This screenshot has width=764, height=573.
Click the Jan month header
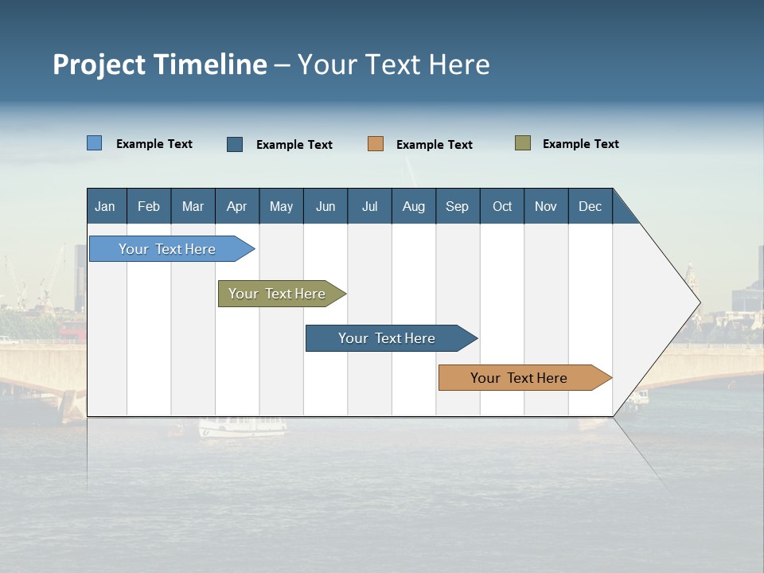(105, 206)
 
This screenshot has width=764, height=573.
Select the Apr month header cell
(236, 206)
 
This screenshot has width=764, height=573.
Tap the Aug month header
(413, 206)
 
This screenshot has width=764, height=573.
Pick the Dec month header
(590, 206)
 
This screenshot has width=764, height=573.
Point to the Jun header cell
(325, 206)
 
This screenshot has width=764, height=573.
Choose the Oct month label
(501, 206)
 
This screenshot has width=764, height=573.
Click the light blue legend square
(94, 143)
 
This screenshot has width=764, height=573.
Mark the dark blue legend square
(235, 144)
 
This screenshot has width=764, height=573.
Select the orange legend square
(376, 144)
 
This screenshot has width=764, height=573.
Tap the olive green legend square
(522, 143)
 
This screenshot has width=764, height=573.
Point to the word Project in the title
(99, 64)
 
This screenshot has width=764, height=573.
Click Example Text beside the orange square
(434, 144)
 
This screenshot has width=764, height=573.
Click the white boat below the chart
(242, 427)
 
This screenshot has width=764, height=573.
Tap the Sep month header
(457, 206)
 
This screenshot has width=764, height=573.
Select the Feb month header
(149, 206)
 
